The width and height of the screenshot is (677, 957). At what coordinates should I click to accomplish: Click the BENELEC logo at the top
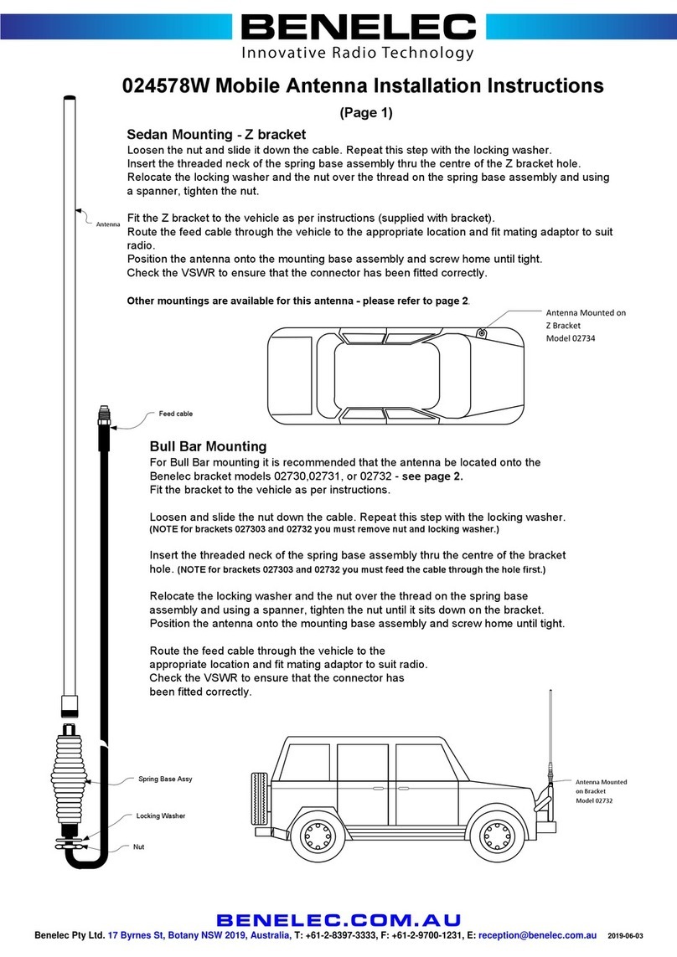point(358,28)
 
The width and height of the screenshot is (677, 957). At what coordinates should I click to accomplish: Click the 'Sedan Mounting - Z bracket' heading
point(215,135)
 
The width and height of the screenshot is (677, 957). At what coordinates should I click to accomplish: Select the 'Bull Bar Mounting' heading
point(207,446)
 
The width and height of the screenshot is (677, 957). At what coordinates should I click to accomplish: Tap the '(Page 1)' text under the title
point(364,112)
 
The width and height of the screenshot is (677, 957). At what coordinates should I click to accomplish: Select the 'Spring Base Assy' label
point(165,779)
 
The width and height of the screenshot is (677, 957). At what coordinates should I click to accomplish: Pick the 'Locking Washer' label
point(160,815)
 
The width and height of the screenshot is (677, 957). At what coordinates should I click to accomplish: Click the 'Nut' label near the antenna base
point(138,846)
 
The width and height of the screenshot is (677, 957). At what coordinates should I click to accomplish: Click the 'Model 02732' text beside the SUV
point(595,800)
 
